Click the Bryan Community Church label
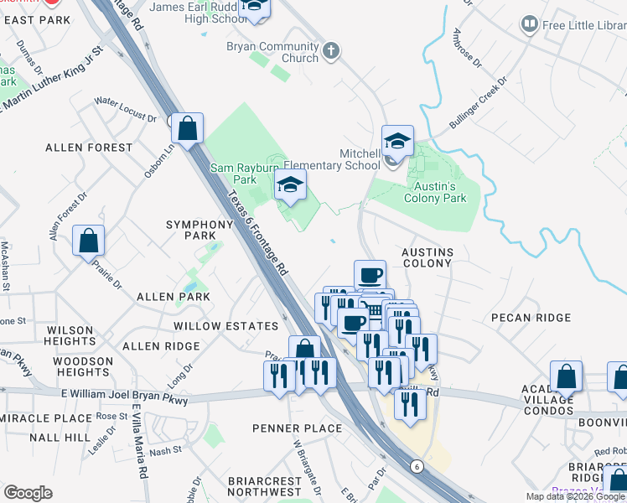[x=272, y=52]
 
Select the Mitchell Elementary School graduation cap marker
[x=397, y=141]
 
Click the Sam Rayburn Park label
[x=233, y=174]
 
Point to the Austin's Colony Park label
[x=435, y=192]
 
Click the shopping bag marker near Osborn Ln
[x=188, y=129]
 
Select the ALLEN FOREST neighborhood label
[x=89, y=148]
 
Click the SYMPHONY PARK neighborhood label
[x=199, y=231]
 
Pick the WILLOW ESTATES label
[x=225, y=326]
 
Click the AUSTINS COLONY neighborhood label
[x=427, y=257]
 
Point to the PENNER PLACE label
[x=298, y=428]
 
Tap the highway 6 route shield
[x=415, y=466]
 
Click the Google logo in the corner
[x=28, y=493]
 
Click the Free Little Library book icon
[x=529, y=24]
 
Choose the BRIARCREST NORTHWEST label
[x=264, y=486]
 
